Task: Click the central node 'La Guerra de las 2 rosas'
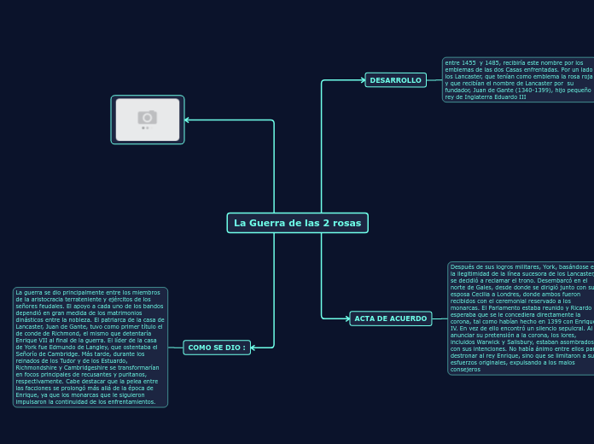pyautogui.click(x=297, y=223)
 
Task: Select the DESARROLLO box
pyautogui.click(x=395, y=80)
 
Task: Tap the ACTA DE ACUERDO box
pyautogui.click(x=390, y=318)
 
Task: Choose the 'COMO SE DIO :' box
pyautogui.click(x=217, y=348)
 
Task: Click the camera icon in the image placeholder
pyautogui.click(x=148, y=117)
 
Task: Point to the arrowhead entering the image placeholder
pyautogui.click(x=188, y=120)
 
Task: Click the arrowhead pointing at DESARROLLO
pyautogui.click(x=362, y=80)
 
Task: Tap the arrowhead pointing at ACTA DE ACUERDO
pyautogui.click(x=346, y=318)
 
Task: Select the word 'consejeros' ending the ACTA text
pyautogui.click(x=465, y=369)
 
